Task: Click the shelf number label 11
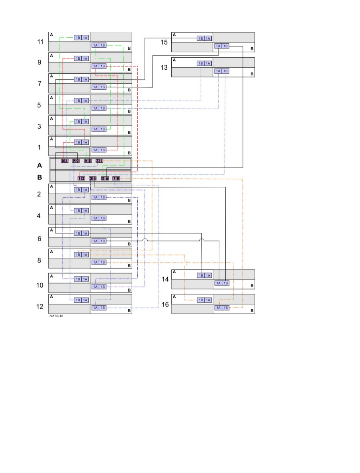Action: pos(40,42)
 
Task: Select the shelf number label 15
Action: pos(164,42)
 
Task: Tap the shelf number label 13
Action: pos(164,68)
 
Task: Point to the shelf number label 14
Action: pos(165,279)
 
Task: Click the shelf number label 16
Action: pos(165,305)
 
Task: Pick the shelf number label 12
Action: pos(40,307)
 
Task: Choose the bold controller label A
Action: pos(39,165)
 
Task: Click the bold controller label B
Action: pos(39,177)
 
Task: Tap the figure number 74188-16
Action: pos(56,316)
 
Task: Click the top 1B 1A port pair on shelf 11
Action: pos(81,38)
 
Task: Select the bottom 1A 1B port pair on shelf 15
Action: pos(222,46)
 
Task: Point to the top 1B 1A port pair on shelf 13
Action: pos(204,63)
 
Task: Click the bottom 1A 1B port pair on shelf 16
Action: pos(222,308)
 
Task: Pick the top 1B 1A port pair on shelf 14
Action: pos(204,276)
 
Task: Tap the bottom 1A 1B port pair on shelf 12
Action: pos(99,308)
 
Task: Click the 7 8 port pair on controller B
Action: pos(116,178)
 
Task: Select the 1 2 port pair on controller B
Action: pos(81,178)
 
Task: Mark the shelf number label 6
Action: pos(39,239)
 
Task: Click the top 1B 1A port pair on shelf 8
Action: pos(81,255)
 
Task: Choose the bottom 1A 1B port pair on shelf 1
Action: pos(99,150)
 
